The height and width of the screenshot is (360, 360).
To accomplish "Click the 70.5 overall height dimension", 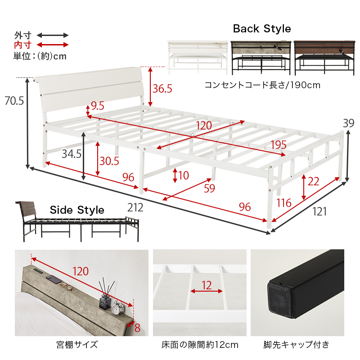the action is point(14,101).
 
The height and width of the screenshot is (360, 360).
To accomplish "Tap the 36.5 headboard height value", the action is point(162,89).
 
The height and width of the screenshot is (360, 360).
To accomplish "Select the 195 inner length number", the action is point(279,145).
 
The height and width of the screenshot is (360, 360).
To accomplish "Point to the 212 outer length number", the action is point(135,207).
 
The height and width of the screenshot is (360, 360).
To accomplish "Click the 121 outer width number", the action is point(319,211).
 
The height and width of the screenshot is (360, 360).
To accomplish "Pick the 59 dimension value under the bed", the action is point(209,188).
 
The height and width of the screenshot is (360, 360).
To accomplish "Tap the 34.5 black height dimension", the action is point(72,154).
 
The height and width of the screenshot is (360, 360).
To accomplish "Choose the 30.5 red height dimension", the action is point(109,161).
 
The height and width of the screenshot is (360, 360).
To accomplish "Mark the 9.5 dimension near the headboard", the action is point(98,106).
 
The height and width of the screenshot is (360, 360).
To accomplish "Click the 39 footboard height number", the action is point(348,123).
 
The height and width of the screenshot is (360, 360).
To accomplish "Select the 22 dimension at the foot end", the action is point(313,182).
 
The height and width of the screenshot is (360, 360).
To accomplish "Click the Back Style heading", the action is point(262,29).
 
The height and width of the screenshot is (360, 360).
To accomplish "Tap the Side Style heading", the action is point(77,210).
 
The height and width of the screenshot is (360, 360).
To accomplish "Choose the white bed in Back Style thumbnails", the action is point(198,58).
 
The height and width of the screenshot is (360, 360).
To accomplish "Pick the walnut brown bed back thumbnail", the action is point(324,58).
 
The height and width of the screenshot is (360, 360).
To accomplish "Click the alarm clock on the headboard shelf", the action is point(117,308).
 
